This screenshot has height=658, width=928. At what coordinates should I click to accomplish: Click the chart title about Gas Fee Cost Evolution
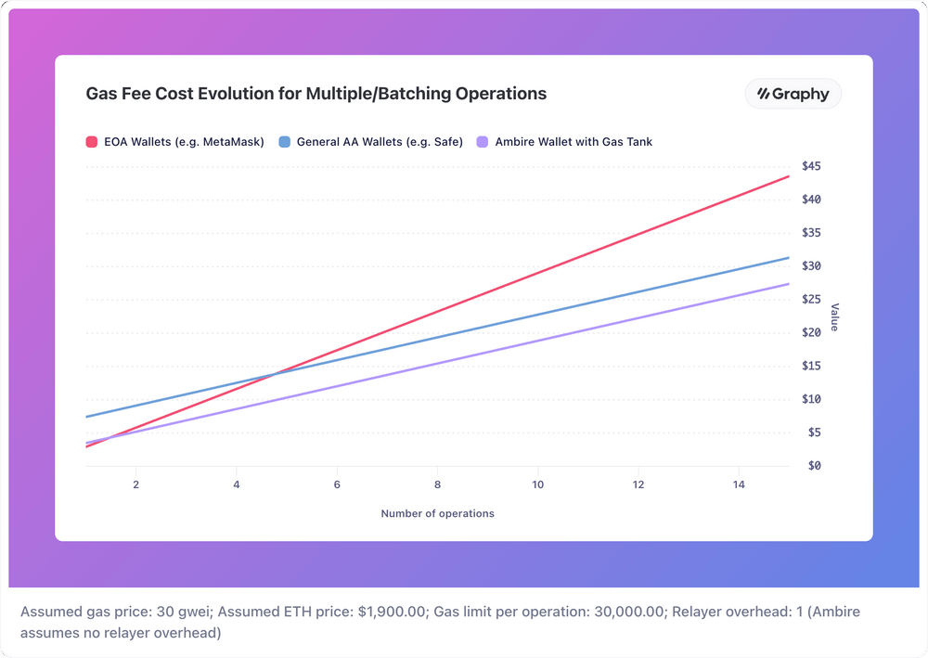coord(316,94)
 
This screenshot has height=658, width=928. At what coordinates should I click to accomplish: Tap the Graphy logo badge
coord(793,94)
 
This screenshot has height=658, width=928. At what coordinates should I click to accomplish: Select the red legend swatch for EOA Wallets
coord(92,142)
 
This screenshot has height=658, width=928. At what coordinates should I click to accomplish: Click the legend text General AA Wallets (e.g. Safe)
coord(380,142)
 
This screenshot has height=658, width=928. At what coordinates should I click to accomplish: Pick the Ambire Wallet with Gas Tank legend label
coord(574,142)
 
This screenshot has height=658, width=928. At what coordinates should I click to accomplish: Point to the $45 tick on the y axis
coord(812,166)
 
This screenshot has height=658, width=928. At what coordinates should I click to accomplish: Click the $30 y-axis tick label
coord(812,266)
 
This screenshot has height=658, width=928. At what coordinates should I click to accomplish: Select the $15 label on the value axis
coord(812,366)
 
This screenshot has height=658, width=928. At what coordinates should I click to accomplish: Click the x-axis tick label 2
coord(136,485)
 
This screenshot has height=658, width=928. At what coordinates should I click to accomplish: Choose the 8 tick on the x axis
coord(437,485)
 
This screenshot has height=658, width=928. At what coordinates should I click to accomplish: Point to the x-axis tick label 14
coord(739,485)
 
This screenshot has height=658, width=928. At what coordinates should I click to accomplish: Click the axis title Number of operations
coord(437,513)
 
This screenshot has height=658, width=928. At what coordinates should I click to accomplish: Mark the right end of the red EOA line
coord(788,176)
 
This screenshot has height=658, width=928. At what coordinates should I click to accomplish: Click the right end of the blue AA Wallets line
coord(788,258)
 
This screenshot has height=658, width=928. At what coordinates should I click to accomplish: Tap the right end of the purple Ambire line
coord(788,284)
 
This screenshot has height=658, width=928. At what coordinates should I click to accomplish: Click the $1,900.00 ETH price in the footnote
coord(392,613)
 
